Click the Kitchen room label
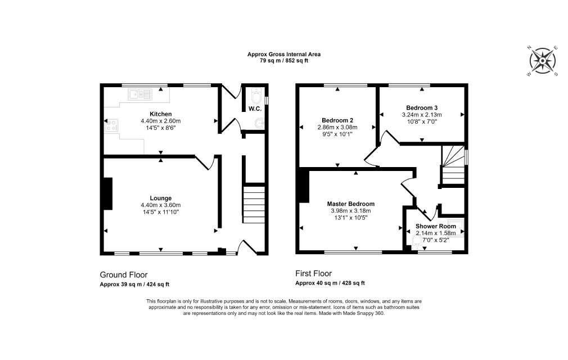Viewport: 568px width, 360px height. coord(160,114)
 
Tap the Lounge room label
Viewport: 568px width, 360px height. coord(160,198)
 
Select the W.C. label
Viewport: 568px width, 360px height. coord(255,109)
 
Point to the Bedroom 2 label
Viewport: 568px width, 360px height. coord(337,120)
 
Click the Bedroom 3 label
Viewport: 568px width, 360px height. coord(422,107)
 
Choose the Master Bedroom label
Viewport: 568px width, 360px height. coord(351,204)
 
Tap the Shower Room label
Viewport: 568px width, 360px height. coord(435,226)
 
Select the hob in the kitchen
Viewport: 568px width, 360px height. coord(111,125)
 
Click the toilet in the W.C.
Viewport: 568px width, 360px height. coord(256,96)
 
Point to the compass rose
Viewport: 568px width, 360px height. coord(542,61)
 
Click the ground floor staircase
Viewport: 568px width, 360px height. coord(254,205)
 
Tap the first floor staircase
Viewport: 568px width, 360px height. coord(453,165)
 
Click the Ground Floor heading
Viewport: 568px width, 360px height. coord(124,275)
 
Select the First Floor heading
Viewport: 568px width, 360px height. coord(313,273)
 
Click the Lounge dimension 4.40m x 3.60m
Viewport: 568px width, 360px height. coord(160,205)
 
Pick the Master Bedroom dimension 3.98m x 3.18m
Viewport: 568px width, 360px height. coord(351,211)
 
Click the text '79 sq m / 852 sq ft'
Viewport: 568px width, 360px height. coord(284,61)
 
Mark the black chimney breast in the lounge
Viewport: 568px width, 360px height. coord(107,193)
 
